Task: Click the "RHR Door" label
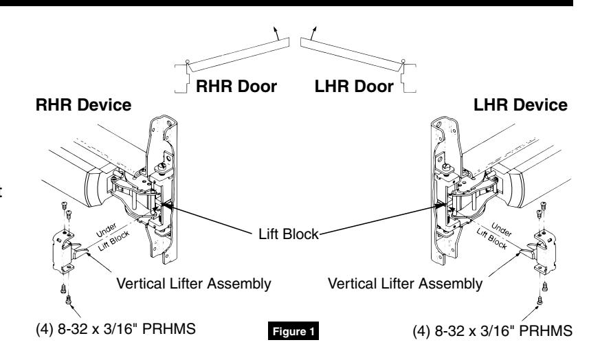click(236, 87)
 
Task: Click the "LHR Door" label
click(354, 87)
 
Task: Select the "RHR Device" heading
click(83, 105)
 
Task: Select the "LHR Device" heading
click(520, 105)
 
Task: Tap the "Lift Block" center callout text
click(289, 234)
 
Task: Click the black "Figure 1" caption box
click(293, 331)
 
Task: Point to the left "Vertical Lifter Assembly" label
click(194, 284)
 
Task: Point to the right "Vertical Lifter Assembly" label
click(405, 284)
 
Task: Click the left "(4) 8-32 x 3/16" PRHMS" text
click(115, 328)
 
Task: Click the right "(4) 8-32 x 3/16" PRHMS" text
click(493, 330)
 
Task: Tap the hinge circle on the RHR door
click(188, 62)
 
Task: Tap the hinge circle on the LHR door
click(403, 61)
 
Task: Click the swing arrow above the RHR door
click(276, 33)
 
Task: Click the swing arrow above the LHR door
click(313, 33)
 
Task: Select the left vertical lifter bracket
click(66, 251)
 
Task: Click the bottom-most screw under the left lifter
click(69, 300)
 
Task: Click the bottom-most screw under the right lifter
click(540, 301)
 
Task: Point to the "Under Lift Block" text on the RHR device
click(112, 236)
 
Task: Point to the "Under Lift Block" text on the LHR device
click(494, 236)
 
